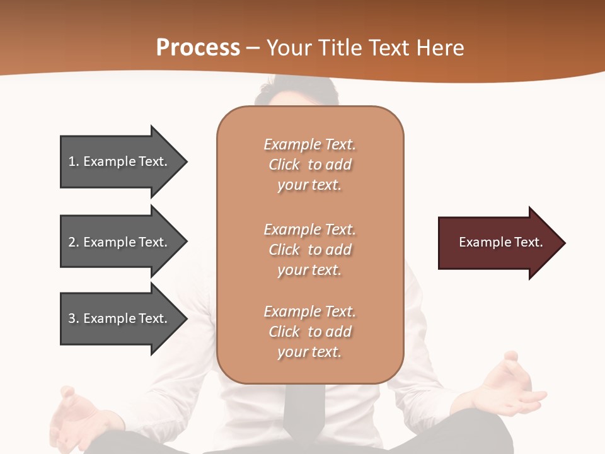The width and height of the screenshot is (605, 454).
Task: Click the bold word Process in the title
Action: (x=198, y=47)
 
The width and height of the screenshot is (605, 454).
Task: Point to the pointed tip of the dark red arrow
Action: (x=562, y=243)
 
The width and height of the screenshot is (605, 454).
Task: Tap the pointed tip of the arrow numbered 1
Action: (x=184, y=162)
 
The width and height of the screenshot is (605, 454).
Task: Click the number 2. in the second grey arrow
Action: (x=74, y=242)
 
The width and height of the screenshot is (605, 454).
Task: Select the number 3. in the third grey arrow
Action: (x=74, y=318)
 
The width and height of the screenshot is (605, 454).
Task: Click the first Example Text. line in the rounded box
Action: (x=309, y=144)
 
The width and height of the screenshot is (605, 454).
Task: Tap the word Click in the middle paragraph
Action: (x=284, y=250)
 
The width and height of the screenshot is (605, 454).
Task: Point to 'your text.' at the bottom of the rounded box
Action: (x=309, y=352)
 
